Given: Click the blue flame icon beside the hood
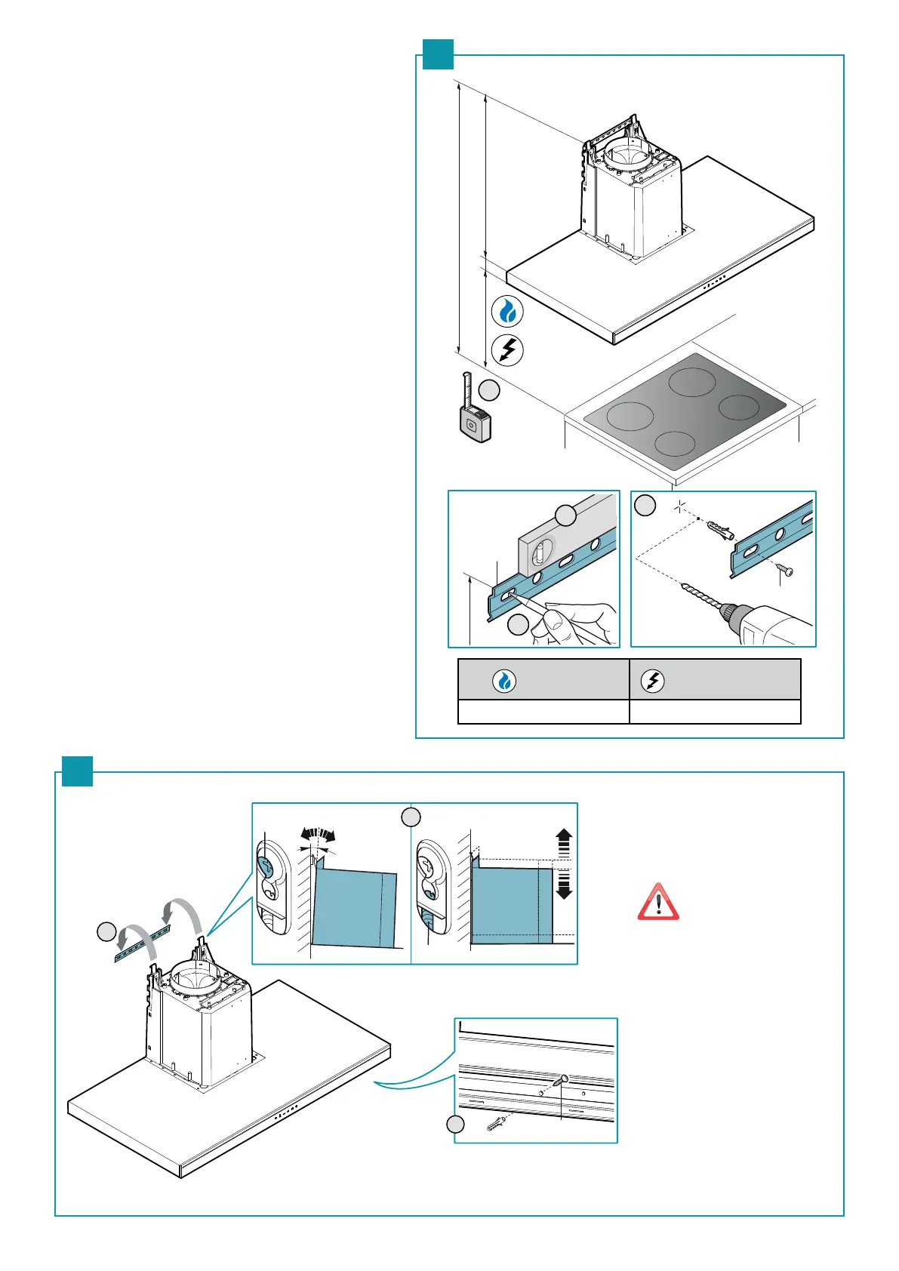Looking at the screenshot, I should pyautogui.click(x=508, y=311).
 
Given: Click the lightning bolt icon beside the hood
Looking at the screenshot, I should pyautogui.click(x=508, y=350).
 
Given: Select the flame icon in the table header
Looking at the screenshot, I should pyautogui.click(x=504, y=681).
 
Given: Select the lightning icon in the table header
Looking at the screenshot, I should pyautogui.click(x=652, y=681).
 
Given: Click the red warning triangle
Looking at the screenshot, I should pyautogui.click(x=658, y=902).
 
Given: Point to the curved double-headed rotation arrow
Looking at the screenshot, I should pyautogui.click(x=317, y=835).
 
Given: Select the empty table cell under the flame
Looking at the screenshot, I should pyautogui.click(x=543, y=712).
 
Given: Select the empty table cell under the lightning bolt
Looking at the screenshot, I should pyautogui.click(x=715, y=712).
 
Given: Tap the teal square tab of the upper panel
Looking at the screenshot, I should pyautogui.click(x=438, y=54).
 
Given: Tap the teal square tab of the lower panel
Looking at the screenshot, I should pyautogui.click(x=77, y=771).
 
